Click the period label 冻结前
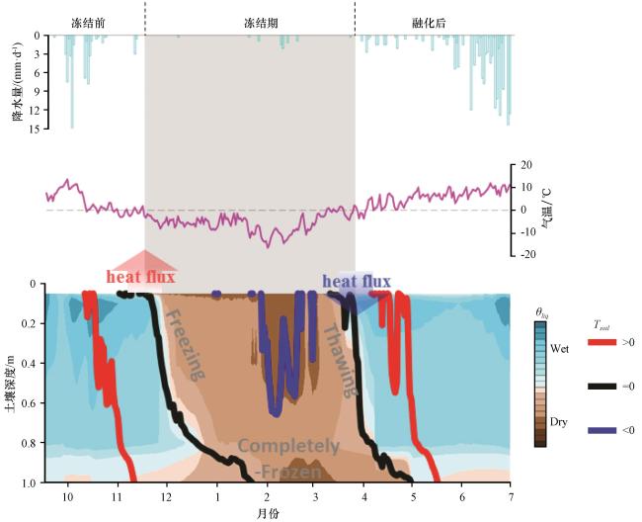[88, 23]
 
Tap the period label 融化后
[429, 23]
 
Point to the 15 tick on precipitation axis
[36, 129]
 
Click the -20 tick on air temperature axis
[528, 255]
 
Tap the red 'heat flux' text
[141, 277]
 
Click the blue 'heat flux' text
[357, 282]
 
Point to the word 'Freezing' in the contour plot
[185, 345]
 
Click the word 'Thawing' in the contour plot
[340, 361]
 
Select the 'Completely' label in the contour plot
[288, 447]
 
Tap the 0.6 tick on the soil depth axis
[32, 403]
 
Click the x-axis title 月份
[269, 513]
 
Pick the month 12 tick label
[166, 497]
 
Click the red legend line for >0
[602, 342]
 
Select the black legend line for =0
[602, 387]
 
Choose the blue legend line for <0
[602, 431]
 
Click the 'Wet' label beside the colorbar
[559, 349]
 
